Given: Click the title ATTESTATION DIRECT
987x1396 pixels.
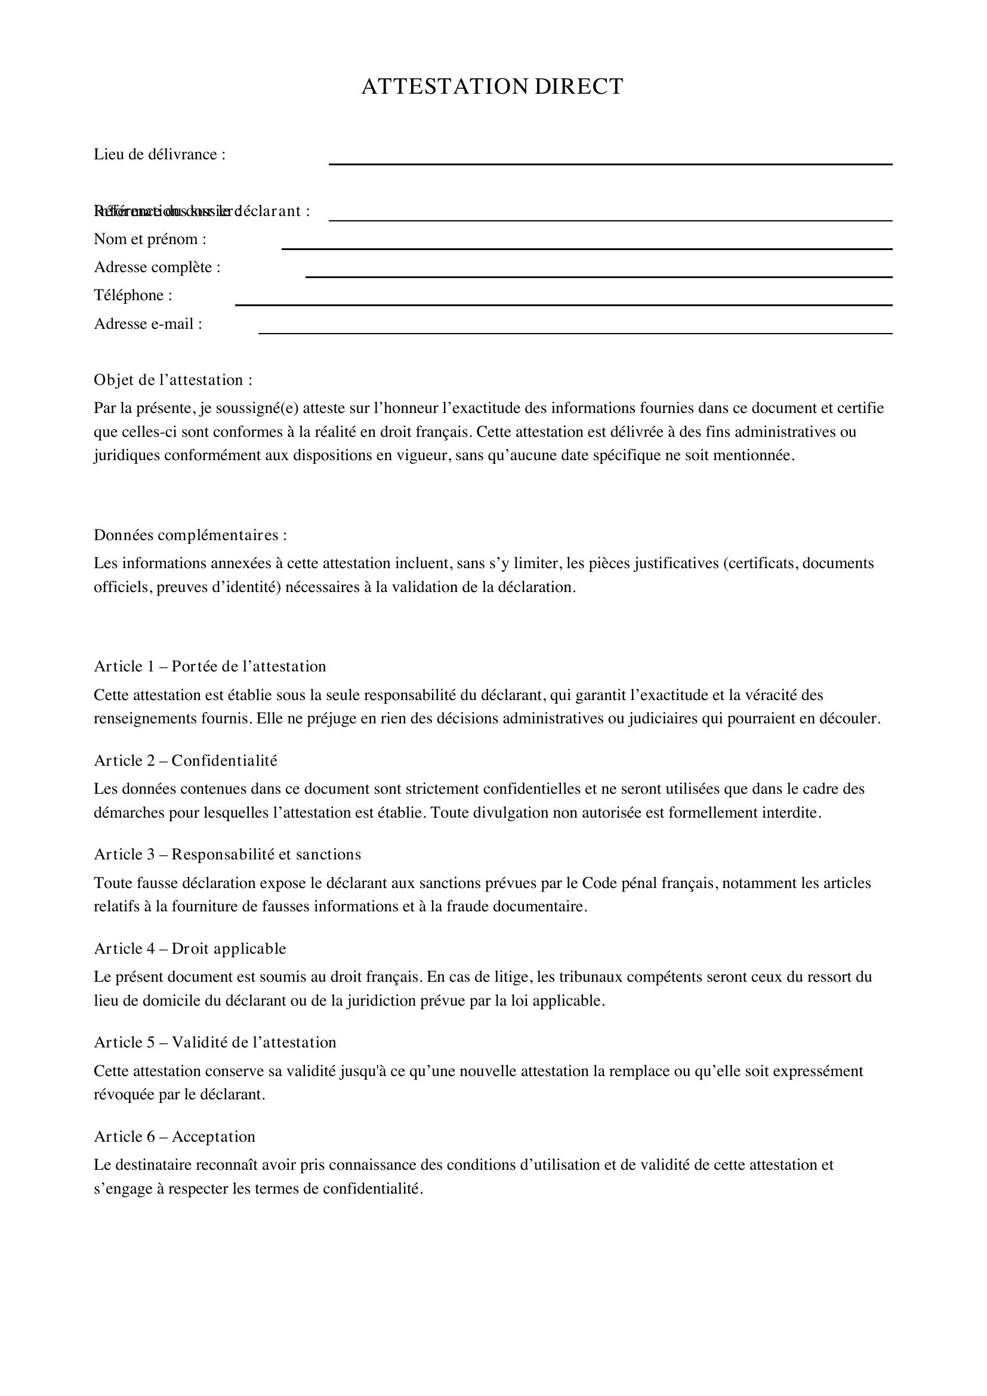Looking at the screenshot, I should pos(492,87).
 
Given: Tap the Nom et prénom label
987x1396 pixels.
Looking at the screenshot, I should pos(150,239).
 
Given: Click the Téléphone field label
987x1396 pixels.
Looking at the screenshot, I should pos(133,295).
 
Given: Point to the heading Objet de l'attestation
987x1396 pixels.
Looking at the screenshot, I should pos(172,380).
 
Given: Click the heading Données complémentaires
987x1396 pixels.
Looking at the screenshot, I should pos(190,535).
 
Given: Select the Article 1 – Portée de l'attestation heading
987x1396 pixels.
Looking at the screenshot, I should pos(209,667).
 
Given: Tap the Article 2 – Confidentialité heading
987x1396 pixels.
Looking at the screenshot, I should pos(186,760).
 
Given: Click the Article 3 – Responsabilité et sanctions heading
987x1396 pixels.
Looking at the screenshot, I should pos(227,854).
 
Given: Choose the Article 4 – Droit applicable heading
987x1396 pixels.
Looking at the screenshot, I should pos(190,948).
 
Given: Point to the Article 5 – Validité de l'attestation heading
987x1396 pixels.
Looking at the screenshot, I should pos(215,1042).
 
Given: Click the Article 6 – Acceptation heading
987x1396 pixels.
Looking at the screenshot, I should pos(174,1136).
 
